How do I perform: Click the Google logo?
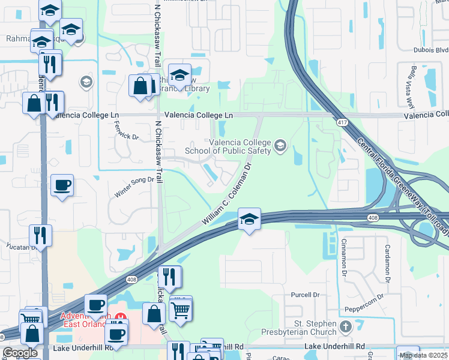pyautogui.click(x=20, y=353)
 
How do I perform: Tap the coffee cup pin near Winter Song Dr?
pyautogui.click(x=62, y=185)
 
